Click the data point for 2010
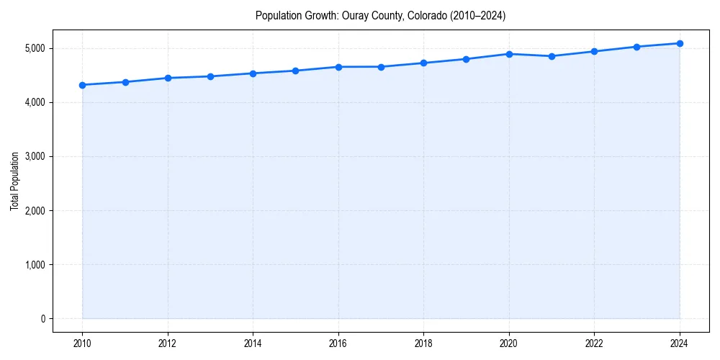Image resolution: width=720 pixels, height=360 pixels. (x=83, y=85)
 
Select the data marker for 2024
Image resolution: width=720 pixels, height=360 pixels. (x=680, y=43)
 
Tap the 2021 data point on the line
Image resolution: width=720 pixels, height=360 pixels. (x=552, y=56)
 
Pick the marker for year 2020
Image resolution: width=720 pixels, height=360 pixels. (x=509, y=54)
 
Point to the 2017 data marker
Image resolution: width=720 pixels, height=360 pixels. (x=381, y=67)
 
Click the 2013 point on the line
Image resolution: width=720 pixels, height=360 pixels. (x=210, y=76)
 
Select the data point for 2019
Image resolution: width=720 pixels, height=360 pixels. (x=467, y=59)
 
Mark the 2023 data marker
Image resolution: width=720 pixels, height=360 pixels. (x=636, y=47)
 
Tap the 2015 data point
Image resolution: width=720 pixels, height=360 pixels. (x=296, y=71)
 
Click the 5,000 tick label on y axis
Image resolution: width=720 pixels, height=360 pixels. (x=35, y=48)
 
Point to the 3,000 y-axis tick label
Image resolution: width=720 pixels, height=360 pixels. (x=35, y=156)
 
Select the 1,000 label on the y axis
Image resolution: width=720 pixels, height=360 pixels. (x=35, y=265)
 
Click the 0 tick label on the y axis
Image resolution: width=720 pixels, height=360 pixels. (x=42, y=319)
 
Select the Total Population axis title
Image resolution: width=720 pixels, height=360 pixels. (x=14, y=181)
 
